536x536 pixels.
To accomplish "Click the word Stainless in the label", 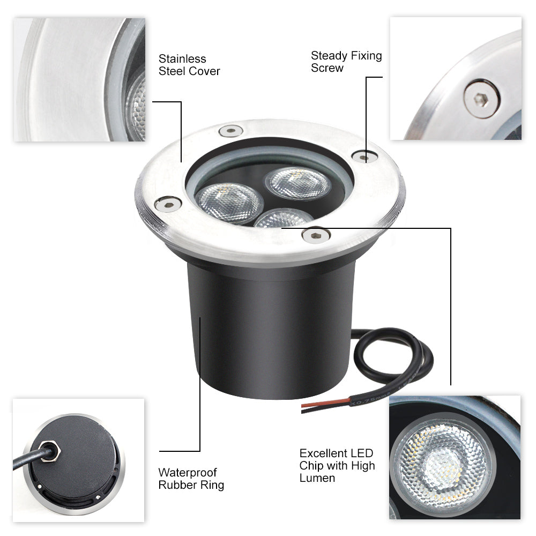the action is click(182, 59).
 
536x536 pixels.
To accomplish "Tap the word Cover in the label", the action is click(204, 71).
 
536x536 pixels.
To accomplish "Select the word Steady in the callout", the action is click(328, 56).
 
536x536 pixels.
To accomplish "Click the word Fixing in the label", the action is click(364, 56).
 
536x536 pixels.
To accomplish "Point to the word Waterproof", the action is click(188, 473).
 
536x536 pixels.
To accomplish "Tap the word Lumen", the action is click(317, 478).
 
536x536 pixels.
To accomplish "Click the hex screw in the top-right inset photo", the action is click(482, 99).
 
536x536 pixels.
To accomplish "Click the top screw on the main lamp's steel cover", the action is click(231, 130).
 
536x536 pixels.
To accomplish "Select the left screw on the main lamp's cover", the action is click(167, 204).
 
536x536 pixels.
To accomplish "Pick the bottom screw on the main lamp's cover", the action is click(316, 235).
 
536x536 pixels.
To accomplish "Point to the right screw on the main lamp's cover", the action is click(364, 157).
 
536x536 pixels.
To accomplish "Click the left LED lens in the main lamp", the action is click(229, 203).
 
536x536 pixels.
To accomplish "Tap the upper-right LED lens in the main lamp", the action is click(298, 183).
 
